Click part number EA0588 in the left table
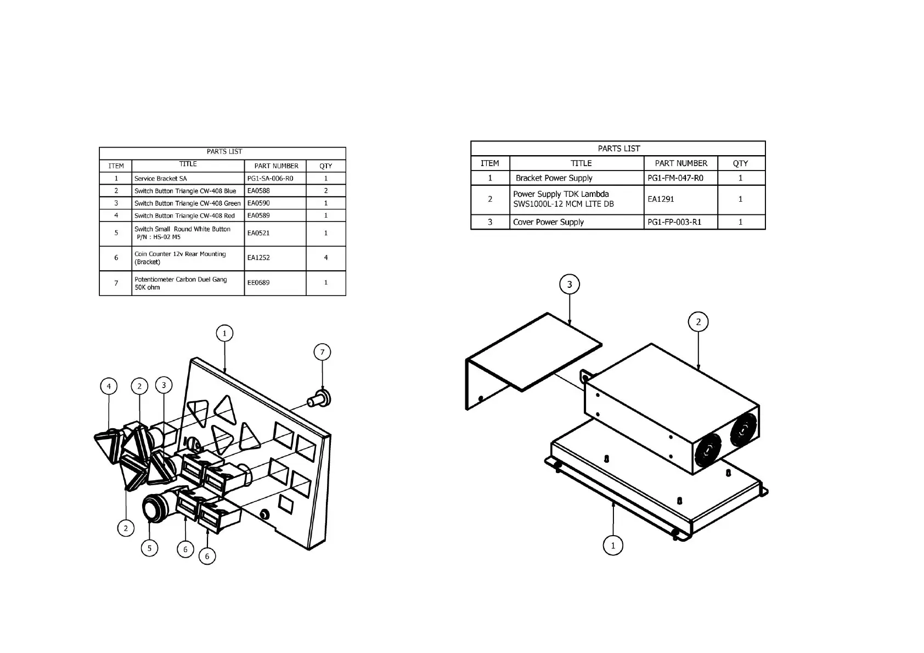click(x=258, y=191)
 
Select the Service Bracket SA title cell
click(x=161, y=179)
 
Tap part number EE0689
click(x=258, y=283)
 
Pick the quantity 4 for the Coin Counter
click(x=326, y=258)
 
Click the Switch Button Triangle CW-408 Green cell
click(x=188, y=203)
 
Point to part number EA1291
click(x=661, y=199)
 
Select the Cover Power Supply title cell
click(x=548, y=222)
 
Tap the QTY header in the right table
click(x=740, y=163)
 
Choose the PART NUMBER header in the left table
click(x=276, y=166)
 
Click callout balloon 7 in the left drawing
click(x=322, y=352)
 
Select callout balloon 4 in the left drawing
click(x=109, y=387)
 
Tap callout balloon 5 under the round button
click(x=149, y=547)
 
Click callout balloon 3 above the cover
click(x=570, y=284)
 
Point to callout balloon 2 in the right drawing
click(x=698, y=322)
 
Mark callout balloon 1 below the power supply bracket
click(x=613, y=545)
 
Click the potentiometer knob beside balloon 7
click(x=319, y=398)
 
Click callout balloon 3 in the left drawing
click(x=164, y=385)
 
